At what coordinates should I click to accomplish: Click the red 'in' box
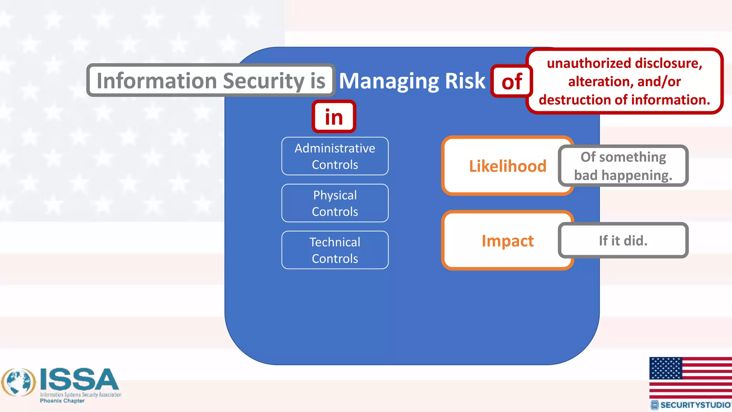coord(334,117)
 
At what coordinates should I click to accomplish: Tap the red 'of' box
coord(511,82)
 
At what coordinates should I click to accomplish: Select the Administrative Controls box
coord(335,156)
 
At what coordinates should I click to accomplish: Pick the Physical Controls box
coord(335,203)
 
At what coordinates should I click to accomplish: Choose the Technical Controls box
coord(335,250)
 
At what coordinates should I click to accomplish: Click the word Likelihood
coord(508,166)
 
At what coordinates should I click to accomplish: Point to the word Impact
coord(508,241)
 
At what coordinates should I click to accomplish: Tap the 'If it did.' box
coord(623,241)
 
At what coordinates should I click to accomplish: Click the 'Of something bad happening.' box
coord(623,166)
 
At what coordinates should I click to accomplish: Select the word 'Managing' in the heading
coord(389,82)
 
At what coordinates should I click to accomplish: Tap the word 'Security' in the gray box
coord(264,81)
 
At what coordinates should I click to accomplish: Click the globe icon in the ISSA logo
coord(19,382)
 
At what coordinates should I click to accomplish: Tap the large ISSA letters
coord(79,379)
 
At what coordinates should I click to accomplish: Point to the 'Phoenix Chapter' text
coord(62,401)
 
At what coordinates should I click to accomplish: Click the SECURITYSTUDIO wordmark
coord(695,405)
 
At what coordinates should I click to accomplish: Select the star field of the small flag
coord(666,368)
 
